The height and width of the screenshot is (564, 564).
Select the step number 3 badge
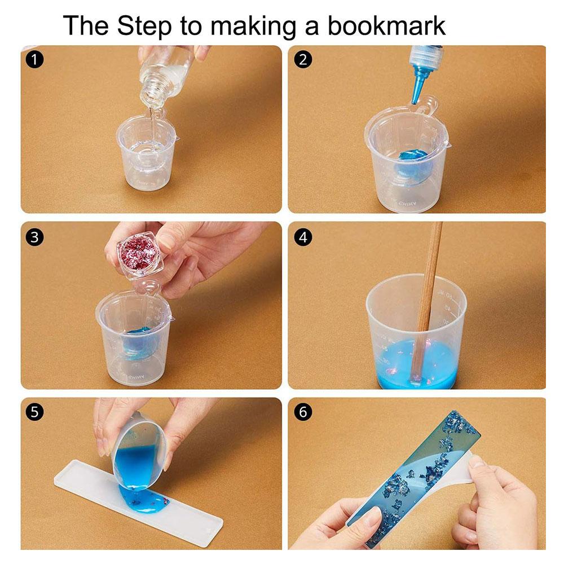pyautogui.click(x=35, y=237)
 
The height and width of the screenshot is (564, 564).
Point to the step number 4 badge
pyautogui.click(x=303, y=237)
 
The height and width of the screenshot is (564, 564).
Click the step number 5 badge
pyautogui.click(x=35, y=412)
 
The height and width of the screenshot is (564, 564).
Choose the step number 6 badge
pyautogui.click(x=303, y=412)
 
